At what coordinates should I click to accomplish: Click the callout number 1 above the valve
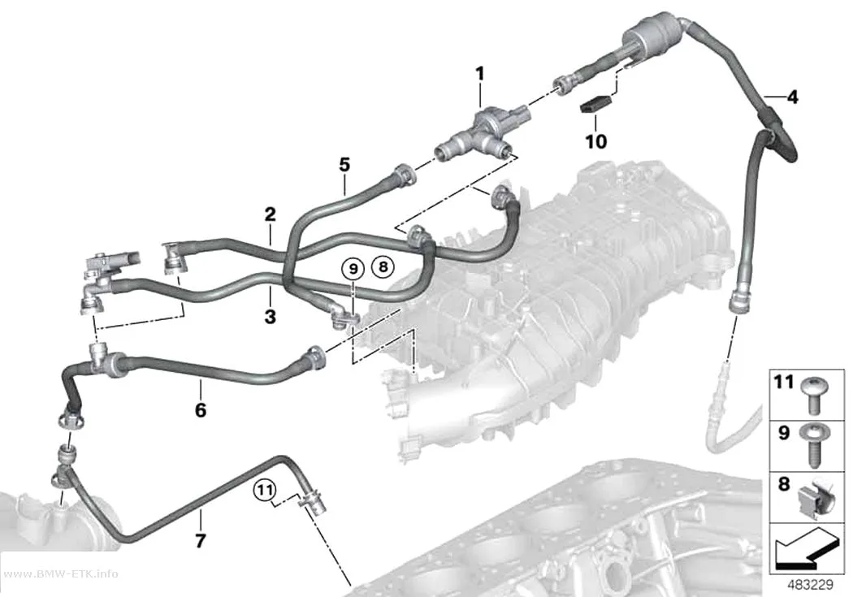pos(480,73)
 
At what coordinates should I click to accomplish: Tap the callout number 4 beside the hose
pos(793,97)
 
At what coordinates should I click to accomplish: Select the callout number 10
pos(595,141)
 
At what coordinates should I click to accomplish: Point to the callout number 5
pos(344,165)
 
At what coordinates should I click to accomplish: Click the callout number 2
pos(271,214)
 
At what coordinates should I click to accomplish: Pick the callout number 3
pos(271,316)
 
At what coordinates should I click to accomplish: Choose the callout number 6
pos(201,410)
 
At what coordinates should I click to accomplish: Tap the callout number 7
pos(201,540)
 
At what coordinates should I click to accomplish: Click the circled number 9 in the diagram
pos(353,268)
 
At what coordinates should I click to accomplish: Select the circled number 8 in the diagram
pos(383,267)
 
